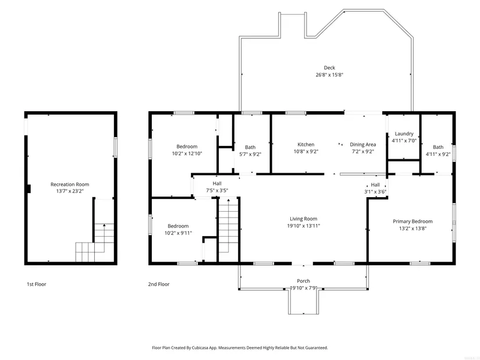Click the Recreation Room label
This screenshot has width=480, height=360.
pyautogui.click(x=70, y=184)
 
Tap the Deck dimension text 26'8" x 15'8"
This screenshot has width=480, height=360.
pyautogui.click(x=329, y=74)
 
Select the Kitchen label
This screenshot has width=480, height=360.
pyautogui.click(x=306, y=144)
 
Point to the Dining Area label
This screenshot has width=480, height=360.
pyautogui.click(x=362, y=144)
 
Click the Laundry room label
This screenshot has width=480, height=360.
pyautogui.click(x=404, y=134)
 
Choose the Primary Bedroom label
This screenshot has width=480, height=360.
pyautogui.click(x=413, y=222)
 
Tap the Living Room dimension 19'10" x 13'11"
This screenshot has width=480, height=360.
pyautogui.click(x=303, y=226)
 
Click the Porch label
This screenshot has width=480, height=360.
pyautogui.click(x=303, y=281)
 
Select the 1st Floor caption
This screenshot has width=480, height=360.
pyautogui.click(x=37, y=284)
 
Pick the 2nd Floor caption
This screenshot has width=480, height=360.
pyautogui.click(x=159, y=284)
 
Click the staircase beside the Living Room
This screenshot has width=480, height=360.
pyautogui.click(x=228, y=230)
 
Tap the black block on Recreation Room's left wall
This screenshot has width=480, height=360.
pyautogui.click(x=29, y=189)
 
